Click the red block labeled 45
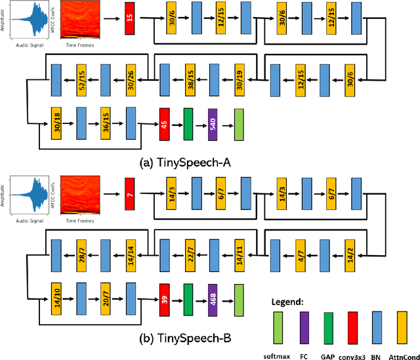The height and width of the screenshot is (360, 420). tap(164, 121)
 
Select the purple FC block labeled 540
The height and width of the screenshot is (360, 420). tap(213, 121)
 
